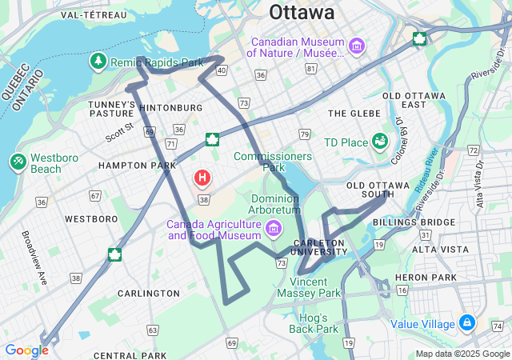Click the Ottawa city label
pos(302,12)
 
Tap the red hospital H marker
pos(203,177)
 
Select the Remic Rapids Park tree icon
pos(98,61)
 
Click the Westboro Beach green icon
pos(18,162)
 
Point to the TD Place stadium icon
pos(380,142)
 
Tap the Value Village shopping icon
pos(467,323)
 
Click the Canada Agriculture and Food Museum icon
pos(274,230)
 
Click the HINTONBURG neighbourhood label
pos(171,107)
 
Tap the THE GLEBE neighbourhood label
pos(354,114)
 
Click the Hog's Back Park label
pos(314,323)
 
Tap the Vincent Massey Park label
pos(309,287)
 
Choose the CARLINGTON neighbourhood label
pos(149,294)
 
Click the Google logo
pos(26,350)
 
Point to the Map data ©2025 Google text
pos(462,354)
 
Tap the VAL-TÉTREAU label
pos(93,14)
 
